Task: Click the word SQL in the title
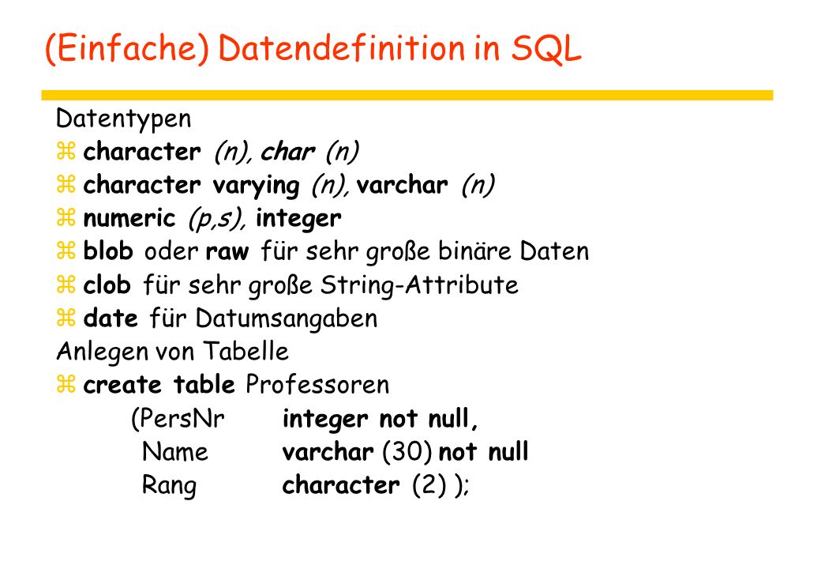(x=546, y=49)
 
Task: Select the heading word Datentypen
(x=124, y=119)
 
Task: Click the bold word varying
(x=256, y=186)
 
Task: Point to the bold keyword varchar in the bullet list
(x=402, y=184)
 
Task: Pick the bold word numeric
(x=129, y=218)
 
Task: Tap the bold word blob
(x=108, y=251)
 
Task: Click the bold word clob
(x=107, y=284)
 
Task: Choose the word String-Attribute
(x=419, y=285)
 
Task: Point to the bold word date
(x=111, y=318)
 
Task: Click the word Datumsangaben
(x=287, y=319)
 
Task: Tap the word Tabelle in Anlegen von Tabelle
(x=246, y=351)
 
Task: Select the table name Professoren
(x=317, y=385)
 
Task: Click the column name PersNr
(x=178, y=419)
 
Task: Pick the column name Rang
(x=169, y=486)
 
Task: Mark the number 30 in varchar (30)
(x=407, y=451)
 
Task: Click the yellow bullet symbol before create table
(x=66, y=385)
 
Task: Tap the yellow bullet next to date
(x=66, y=318)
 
